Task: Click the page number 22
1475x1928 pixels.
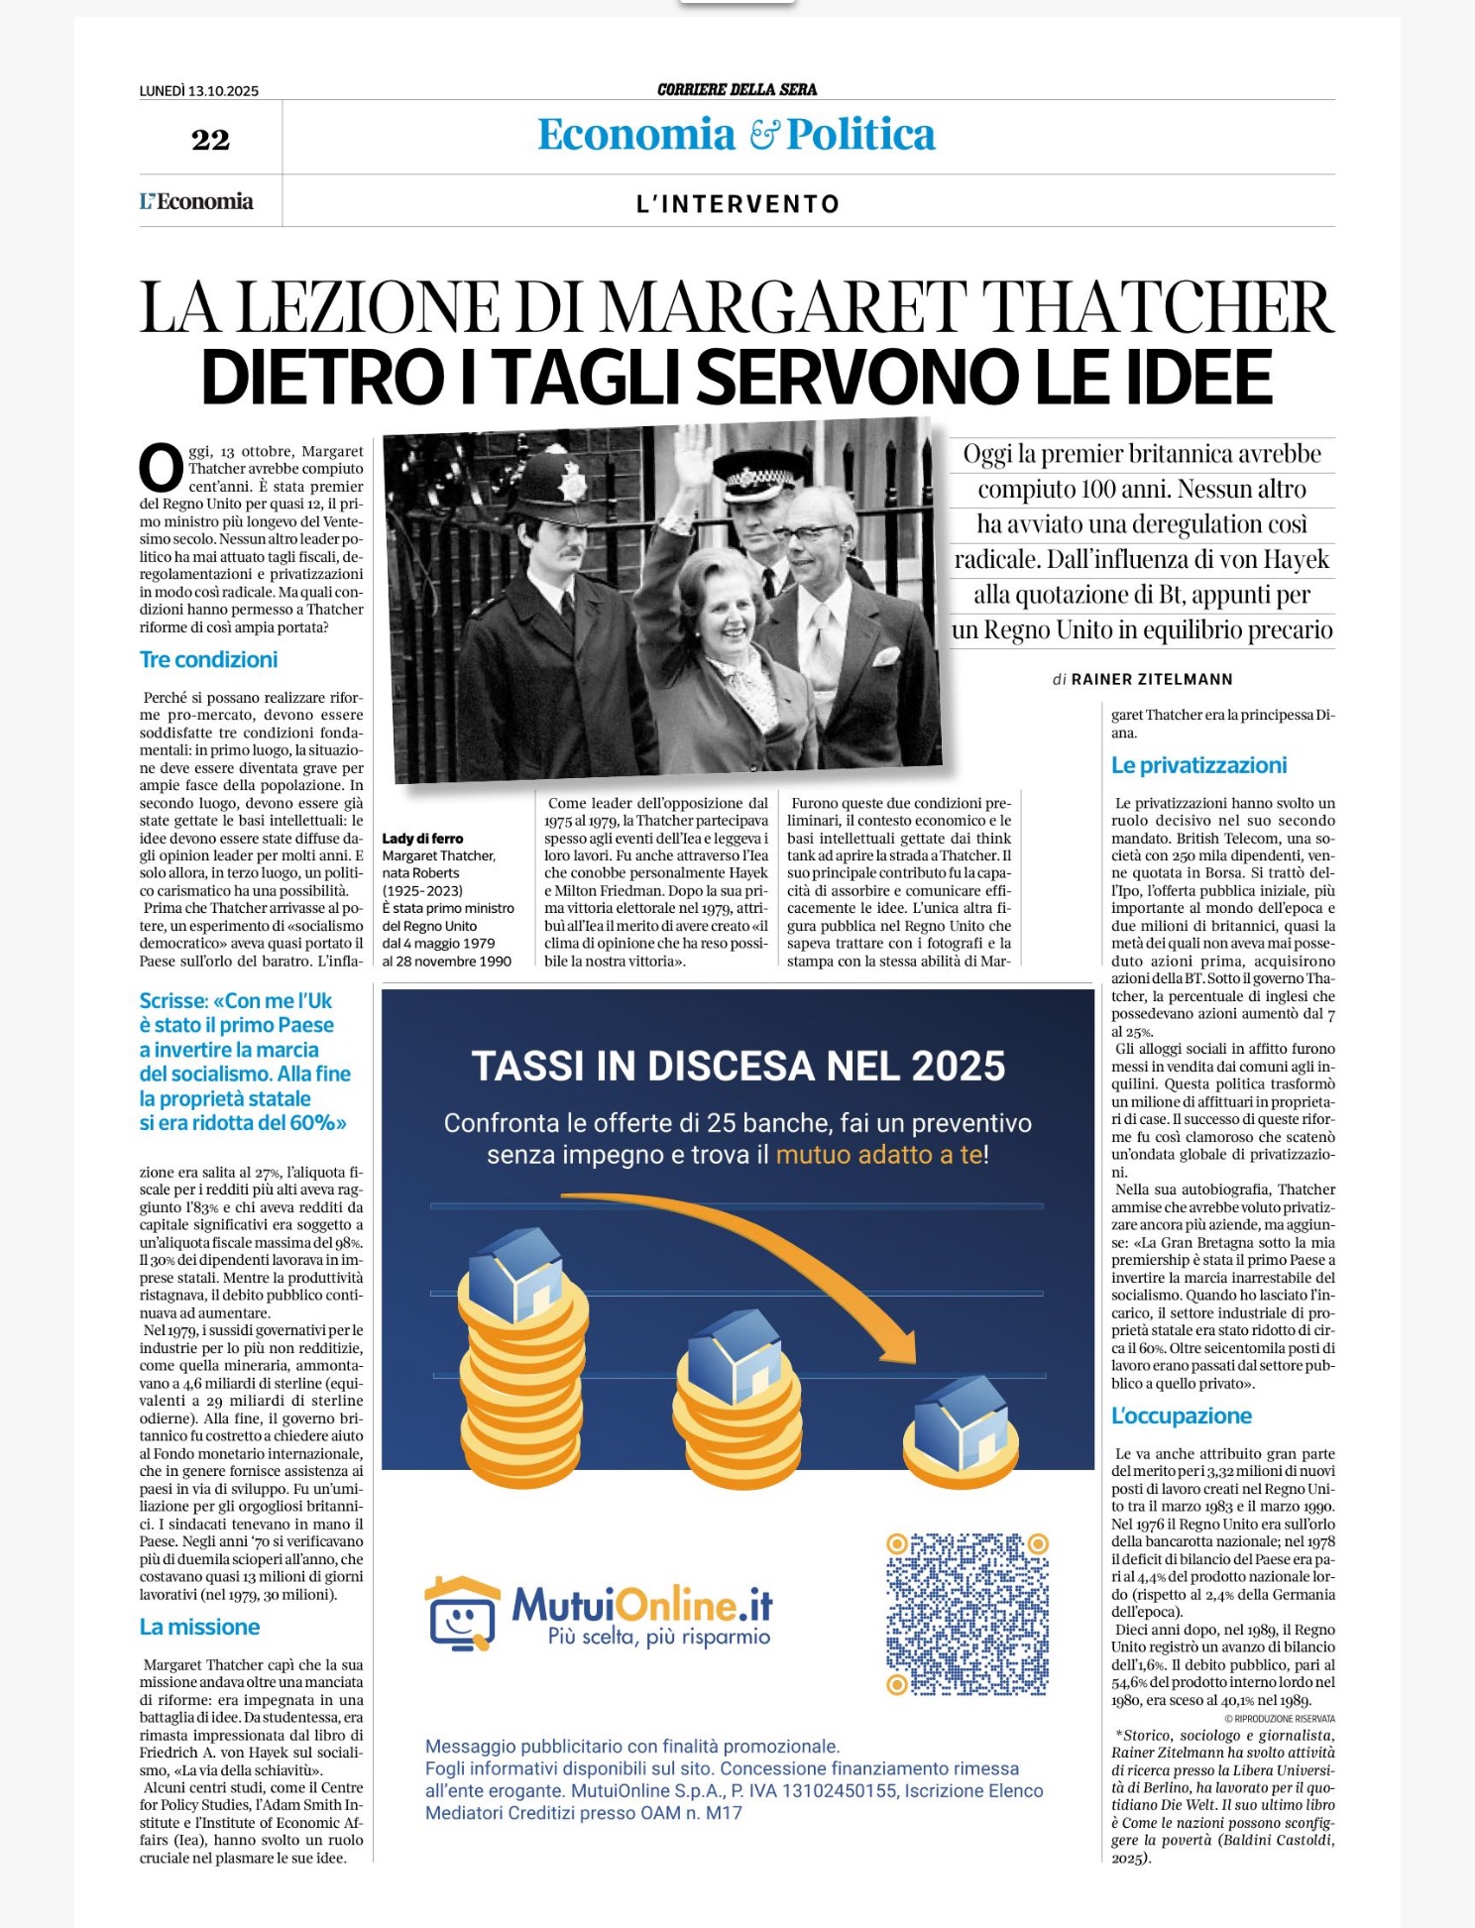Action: (210, 140)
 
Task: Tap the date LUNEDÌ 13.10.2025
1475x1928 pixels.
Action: (199, 91)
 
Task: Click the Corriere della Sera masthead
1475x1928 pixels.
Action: (737, 89)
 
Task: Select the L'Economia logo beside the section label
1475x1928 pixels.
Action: (196, 202)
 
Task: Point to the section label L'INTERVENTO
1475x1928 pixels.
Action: (737, 204)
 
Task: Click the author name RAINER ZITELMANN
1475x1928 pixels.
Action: (1152, 679)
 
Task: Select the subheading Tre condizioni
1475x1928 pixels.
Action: (208, 659)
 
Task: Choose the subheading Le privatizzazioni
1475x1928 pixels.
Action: (1198, 765)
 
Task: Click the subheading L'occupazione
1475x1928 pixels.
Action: (1182, 1416)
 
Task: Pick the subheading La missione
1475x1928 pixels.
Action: (199, 1627)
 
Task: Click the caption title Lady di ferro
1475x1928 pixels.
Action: (422, 839)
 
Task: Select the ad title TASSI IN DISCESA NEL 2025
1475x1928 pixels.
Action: (737, 1067)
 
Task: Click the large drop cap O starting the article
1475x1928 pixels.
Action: (161, 469)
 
